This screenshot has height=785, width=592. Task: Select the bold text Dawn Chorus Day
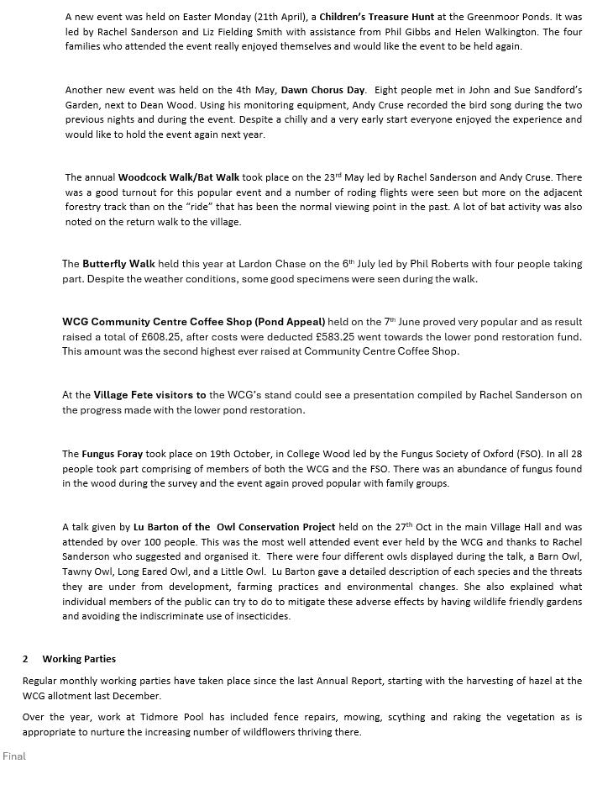pyautogui.click(x=323, y=89)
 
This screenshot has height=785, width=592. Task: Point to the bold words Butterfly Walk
pyautogui.click(x=118, y=263)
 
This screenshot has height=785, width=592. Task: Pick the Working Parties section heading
pyautogui.click(x=79, y=659)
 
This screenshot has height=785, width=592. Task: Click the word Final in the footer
pyautogui.click(x=14, y=756)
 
